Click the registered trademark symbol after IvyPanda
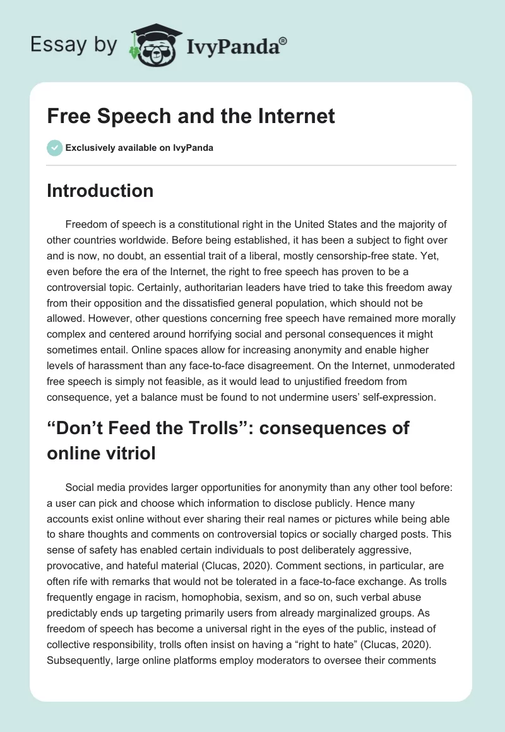(x=283, y=40)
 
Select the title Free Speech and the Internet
(x=191, y=117)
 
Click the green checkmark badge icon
(x=54, y=148)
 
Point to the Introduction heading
(x=100, y=191)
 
